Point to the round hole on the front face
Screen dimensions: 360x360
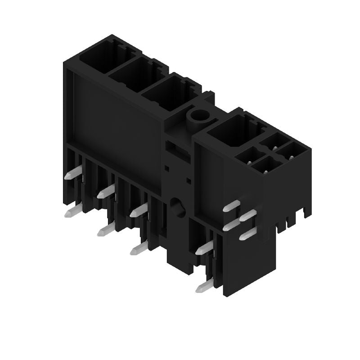[176, 207]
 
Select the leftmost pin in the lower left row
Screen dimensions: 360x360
[72, 212]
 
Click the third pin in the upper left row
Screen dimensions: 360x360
[139, 209]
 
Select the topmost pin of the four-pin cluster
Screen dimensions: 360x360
[232, 207]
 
